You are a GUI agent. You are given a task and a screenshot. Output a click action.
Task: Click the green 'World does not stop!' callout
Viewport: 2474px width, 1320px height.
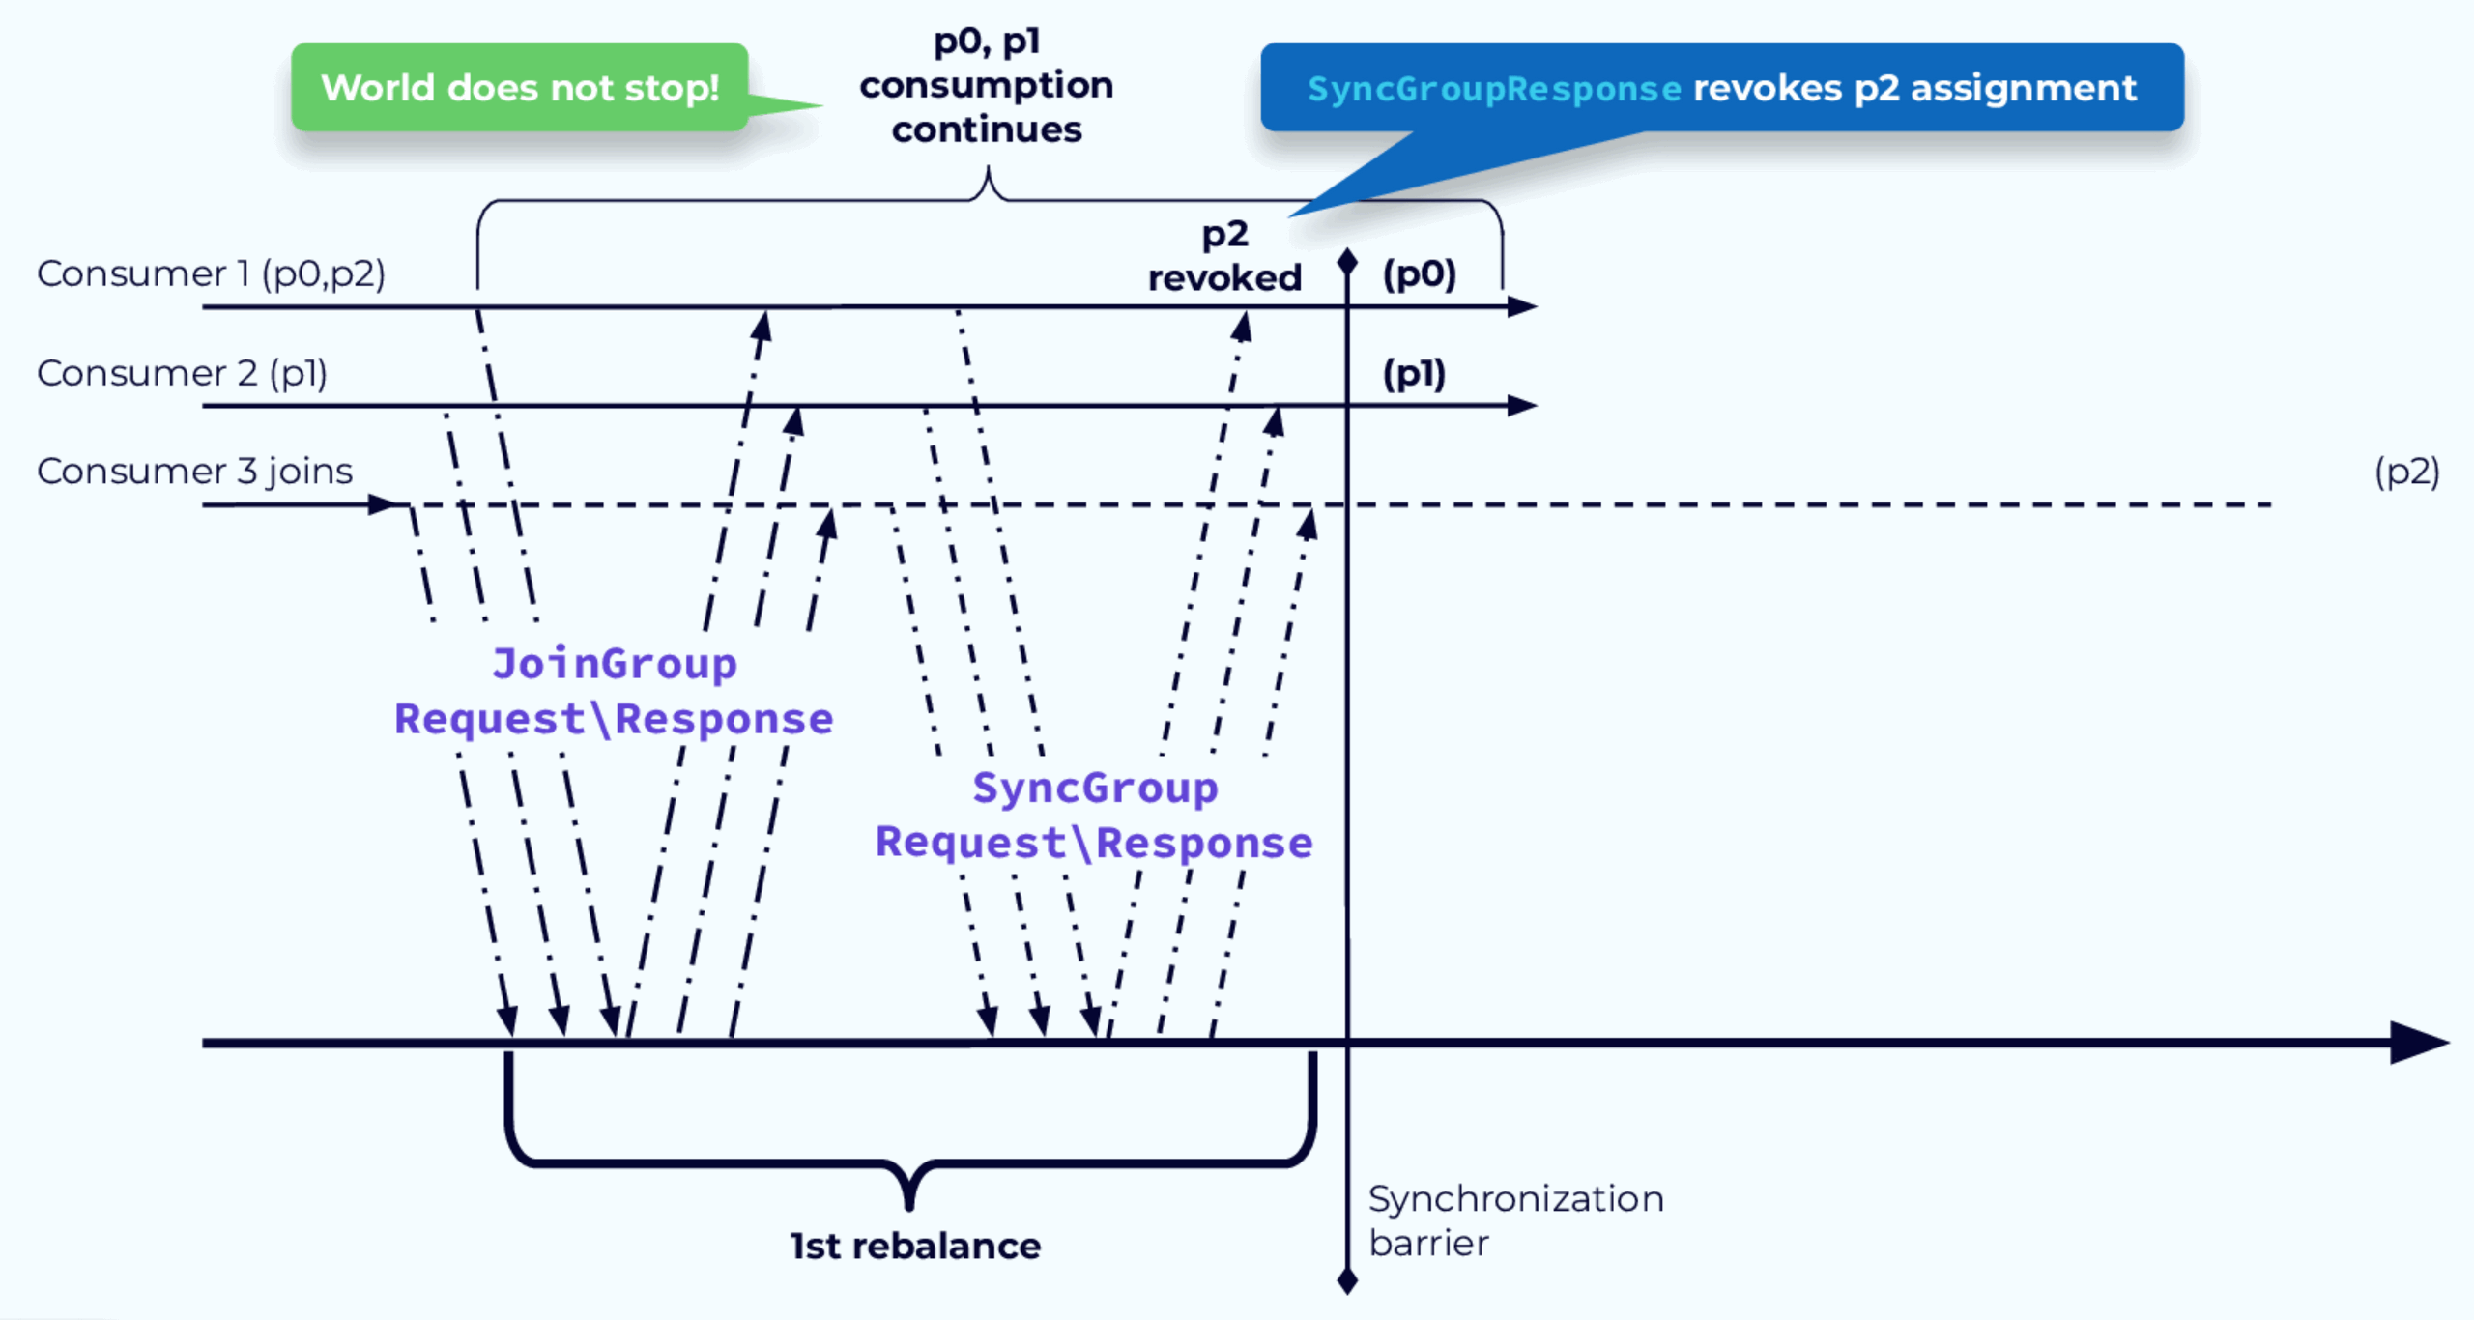point(520,88)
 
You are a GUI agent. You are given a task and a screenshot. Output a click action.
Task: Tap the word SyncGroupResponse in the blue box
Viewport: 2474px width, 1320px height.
point(1494,89)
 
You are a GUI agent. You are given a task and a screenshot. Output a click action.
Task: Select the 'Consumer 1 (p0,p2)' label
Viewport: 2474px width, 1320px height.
point(211,274)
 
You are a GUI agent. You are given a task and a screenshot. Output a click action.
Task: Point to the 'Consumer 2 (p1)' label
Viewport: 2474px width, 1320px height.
point(182,374)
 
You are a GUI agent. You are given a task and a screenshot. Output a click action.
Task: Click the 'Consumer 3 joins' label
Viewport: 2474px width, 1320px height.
point(194,472)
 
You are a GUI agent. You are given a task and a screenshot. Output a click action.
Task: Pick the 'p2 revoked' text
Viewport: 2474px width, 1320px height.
point(1224,257)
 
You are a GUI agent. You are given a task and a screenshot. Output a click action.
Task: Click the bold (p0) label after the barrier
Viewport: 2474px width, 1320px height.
point(1419,274)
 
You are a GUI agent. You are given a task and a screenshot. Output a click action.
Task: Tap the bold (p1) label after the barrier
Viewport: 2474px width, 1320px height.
point(1414,374)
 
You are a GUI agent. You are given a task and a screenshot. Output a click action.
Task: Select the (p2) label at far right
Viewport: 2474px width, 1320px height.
point(2406,472)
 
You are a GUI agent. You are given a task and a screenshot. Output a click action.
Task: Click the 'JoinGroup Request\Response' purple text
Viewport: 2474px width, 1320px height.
point(614,692)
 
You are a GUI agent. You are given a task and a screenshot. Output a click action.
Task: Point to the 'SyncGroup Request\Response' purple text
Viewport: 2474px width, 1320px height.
point(1094,816)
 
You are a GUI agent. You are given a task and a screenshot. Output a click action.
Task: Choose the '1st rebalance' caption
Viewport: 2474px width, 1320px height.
point(915,1247)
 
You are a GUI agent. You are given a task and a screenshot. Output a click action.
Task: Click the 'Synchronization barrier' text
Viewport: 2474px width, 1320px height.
point(1515,1220)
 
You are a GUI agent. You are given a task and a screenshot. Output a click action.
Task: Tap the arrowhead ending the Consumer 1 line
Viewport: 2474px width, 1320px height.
point(1523,307)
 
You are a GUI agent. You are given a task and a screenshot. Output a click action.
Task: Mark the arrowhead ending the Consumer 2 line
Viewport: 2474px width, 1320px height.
point(1523,406)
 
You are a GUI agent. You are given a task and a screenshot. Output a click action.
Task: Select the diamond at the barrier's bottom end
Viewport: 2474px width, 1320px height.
point(1347,1282)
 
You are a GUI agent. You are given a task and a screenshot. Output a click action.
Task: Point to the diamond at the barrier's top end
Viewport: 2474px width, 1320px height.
point(1347,260)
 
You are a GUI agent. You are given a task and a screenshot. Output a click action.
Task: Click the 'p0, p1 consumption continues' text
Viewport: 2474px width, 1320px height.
point(987,86)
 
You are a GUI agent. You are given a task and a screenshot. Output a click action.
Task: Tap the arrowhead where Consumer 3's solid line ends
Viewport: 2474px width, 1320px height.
point(386,504)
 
